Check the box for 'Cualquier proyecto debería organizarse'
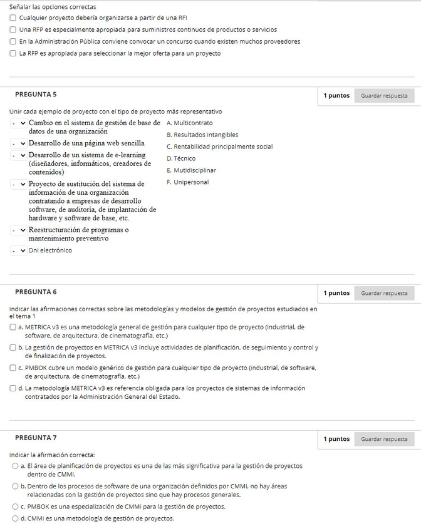pyautogui.click(x=13, y=18)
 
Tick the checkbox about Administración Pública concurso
pyautogui.click(x=13, y=41)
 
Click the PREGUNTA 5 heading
pyautogui.click(x=36, y=95)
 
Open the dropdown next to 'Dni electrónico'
pyautogui.click(x=18, y=250)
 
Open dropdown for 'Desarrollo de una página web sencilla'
pyautogui.click(x=18, y=143)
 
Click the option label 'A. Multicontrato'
pyautogui.click(x=190, y=123)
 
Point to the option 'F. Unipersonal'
pyautogui.click(x=188, y=182)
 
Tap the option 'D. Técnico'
pyautogui.click(x=181, y=158)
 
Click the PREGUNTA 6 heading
pyautogui.click(x=36, y=292)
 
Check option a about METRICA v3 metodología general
pyautogui.click(x=13, y=327)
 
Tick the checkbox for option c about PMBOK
pyautogui.click(x=13, y=368)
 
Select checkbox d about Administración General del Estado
pyautogui.click(x=13, y=388)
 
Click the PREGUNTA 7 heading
pyautogui.click(x=36, y=438)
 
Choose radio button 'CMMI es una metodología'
pyautogui.click(x=15, y=518)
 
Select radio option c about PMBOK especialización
pyautogui.click(x=15, y=507)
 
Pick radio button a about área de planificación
pyautogui.click(x=15, y=466)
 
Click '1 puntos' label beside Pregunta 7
pyautogui.click(x=336, y=439)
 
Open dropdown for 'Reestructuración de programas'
pyautogui.click(x=18, y=230)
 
